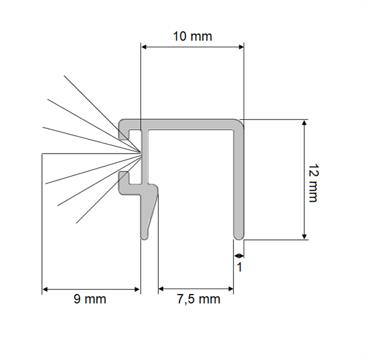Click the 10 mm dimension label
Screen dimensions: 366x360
click(x=193, y=37)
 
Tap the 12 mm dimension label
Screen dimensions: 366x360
click(x=313, y=183)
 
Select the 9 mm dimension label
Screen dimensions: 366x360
click(x=90, y=299)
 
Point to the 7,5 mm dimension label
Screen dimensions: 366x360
click(x=199, y=299)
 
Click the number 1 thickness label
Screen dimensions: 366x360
click(x=239, y=267)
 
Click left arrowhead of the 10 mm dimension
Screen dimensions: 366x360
click(x=144, y=47)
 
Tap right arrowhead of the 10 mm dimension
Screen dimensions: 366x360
click(x=241, y=47)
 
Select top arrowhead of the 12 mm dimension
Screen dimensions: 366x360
click(x=304, y=122)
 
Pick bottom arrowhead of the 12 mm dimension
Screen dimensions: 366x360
click(x=304, y=236)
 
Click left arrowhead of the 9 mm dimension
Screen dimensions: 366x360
click(x=45, y=289)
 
